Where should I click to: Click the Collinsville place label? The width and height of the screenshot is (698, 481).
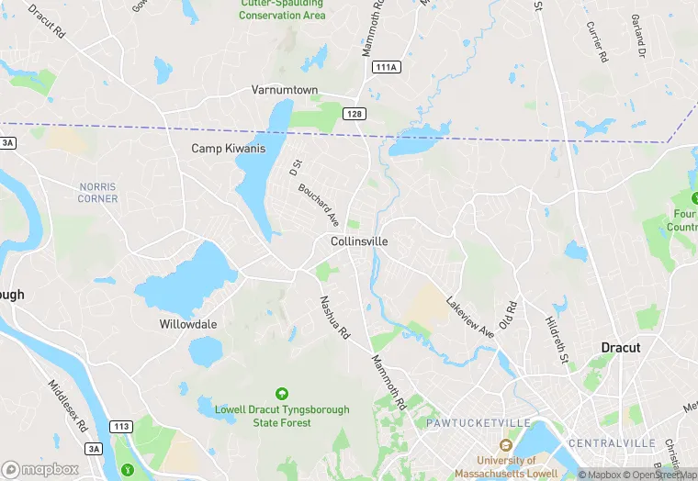[x=359, y=241]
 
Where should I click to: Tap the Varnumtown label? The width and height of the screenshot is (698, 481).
[x=285, y=90]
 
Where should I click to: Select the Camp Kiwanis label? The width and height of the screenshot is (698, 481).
[x=228, y=149]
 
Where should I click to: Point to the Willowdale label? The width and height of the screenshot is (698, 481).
[x=188, y=325]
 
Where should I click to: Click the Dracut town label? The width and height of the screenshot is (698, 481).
[x=620, y=348]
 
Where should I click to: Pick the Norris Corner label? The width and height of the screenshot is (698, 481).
[x=98, y=192]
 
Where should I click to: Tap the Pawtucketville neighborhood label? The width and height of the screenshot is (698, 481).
[x=478, y=422]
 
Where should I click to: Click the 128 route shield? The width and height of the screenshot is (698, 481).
[x=354, y=113]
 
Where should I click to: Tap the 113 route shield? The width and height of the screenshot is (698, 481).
[x=119, y=427]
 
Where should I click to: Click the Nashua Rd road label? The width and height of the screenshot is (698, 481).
[x=335, y=318]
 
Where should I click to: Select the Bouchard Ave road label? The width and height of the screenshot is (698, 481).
[x=319, y=206]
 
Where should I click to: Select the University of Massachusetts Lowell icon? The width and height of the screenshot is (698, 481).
[x=505, y=445]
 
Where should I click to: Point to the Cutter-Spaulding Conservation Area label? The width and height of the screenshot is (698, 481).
[x=282, y=9]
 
